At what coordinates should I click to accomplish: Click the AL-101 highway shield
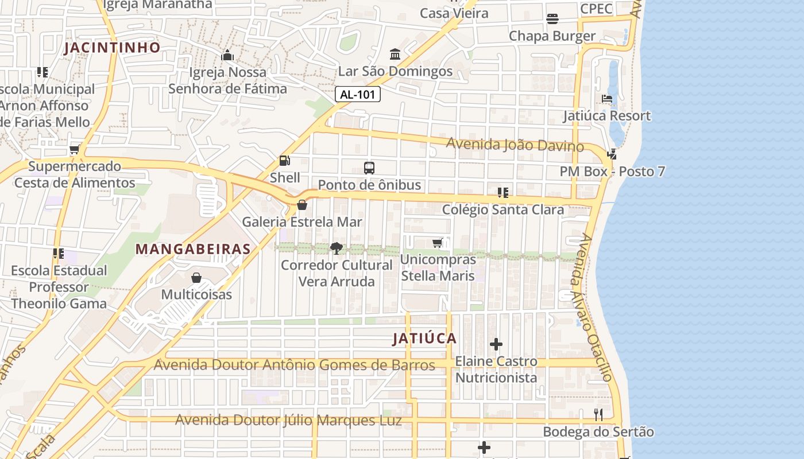pos(358,95)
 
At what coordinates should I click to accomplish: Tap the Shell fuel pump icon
pos(284,161)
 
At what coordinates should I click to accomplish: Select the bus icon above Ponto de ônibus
pos(369,168)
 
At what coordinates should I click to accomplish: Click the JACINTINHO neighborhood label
pos(112,48)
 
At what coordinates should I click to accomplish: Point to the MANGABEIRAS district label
pos(193,249)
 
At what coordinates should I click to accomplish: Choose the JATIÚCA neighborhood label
pos(424,339)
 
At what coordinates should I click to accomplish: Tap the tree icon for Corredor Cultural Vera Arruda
pos(337,248)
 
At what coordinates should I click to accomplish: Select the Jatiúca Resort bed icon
pos(607,99)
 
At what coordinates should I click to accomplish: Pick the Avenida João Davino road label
pos(515,145)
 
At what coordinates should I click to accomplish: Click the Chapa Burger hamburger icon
pos(552,19)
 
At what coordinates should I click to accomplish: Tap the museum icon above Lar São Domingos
pos(395,55)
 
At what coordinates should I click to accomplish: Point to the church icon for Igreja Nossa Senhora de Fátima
pos(227,56)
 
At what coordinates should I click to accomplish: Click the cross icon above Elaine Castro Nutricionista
pos(496,345)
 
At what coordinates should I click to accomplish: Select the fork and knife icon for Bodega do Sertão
pos(598,415)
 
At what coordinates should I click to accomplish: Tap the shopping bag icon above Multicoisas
pos(196,278)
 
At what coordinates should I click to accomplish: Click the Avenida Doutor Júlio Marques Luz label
pos(288,421)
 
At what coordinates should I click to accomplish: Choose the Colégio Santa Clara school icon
pos(503,193)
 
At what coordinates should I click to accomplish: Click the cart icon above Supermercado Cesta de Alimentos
pos(75,150)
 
